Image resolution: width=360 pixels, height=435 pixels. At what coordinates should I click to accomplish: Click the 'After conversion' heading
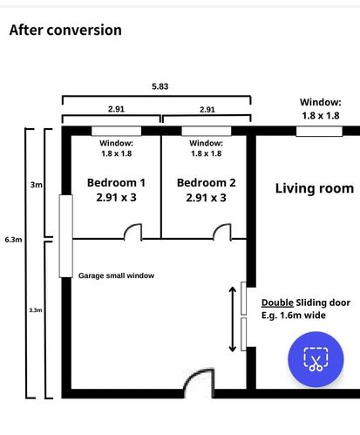pos(65,30)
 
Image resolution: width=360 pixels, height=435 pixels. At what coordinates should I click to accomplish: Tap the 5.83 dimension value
pos(160,86)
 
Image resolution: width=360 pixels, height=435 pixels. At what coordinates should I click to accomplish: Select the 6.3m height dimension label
pos(13,240)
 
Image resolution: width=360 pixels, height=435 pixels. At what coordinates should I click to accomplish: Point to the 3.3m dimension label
pos(36,310)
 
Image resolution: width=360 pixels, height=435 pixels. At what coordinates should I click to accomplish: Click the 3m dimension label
pos(37,185)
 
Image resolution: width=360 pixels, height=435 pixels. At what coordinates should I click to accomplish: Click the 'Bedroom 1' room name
pos(116,182)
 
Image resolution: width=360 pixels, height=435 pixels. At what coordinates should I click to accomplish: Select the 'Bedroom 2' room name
pos(207,182)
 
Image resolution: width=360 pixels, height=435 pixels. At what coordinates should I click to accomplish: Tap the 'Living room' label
pos(315,188)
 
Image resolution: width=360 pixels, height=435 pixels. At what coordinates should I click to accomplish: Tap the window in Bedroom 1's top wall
pos(117,131)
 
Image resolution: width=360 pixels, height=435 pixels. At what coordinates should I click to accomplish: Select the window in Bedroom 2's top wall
pos(207,131)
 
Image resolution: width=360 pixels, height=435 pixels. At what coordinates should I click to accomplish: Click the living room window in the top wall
pos(319,132)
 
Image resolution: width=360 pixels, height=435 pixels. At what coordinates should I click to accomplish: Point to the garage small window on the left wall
pos(66,236)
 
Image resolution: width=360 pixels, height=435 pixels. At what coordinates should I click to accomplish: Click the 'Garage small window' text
pos(116,275)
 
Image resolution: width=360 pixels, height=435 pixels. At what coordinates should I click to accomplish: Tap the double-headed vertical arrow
pos(233,319)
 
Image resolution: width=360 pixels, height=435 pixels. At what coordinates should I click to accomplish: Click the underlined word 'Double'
pos(277,302)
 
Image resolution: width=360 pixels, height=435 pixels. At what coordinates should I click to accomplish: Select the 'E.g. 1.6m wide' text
pos(294,316)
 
